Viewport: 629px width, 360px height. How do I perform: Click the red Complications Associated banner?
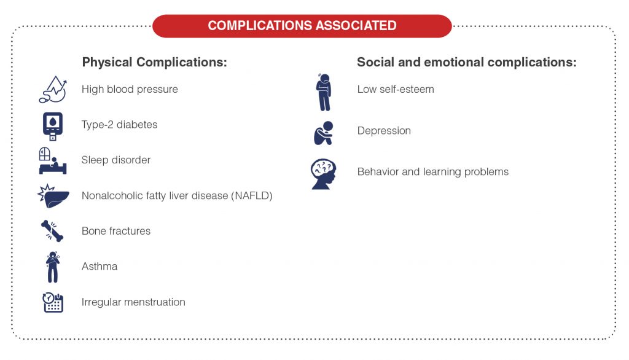pos(302,26)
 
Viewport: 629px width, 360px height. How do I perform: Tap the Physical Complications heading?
pos(155,63)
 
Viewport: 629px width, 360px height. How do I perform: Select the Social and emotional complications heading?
pos(466,63)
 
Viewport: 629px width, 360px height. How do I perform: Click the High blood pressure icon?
pos(52,90)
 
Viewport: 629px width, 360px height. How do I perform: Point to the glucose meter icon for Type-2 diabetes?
pos(53,125)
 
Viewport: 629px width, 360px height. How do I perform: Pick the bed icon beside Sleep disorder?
pos(52,161)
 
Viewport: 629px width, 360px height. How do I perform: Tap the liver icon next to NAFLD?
pos(52,196)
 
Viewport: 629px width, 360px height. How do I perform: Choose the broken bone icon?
pos(52,231)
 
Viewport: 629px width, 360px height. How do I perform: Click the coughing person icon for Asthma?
pos(53,267)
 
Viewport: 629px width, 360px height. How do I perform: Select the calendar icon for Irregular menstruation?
pos(53,302)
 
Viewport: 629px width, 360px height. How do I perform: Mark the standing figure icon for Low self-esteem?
pos(323,92)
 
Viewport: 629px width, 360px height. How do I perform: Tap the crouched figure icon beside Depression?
pos(323,133)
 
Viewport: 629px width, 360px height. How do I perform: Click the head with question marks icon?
pos(323,174)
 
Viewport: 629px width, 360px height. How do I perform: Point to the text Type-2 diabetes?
pos(119,125)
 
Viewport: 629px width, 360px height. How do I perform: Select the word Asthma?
pos(100,267)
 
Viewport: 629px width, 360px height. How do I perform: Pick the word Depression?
pos(384,131)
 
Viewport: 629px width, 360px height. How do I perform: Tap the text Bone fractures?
pos(116,231)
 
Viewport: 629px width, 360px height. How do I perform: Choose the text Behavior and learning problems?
pos(432,172)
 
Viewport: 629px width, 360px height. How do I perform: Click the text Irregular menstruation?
pos(133,302)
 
